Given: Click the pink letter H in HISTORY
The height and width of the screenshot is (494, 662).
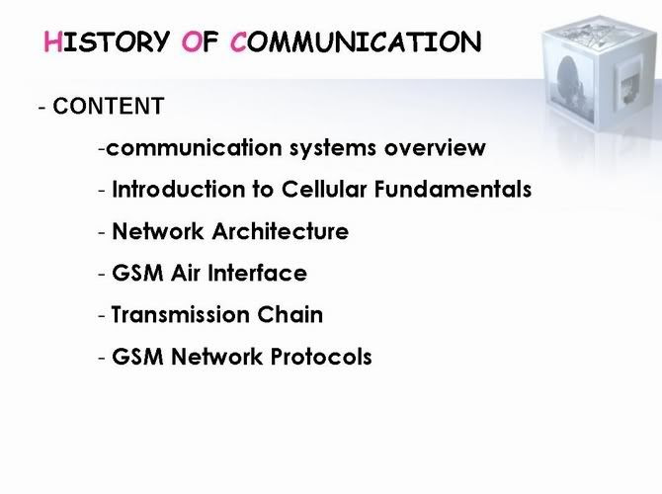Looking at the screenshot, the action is [x=52, y=42].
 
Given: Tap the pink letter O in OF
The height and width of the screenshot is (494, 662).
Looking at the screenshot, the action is [x=192, y=42].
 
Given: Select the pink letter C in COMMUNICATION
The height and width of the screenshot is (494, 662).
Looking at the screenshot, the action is [x=238, y=42].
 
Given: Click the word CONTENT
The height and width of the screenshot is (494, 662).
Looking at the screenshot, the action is [x=109, y=106].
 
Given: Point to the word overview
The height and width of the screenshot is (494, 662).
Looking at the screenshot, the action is [x=435, y=148].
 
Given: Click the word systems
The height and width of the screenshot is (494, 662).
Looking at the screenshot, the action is [x=333, y=149].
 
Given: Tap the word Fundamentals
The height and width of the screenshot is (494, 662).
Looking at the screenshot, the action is [x=453, y=189].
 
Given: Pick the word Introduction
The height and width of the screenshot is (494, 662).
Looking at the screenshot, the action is [x=179, y=189].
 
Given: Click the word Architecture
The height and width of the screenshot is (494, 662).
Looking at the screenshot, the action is [x=281, y=231].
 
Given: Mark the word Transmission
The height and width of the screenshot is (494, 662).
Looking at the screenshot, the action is [x=180, y=314].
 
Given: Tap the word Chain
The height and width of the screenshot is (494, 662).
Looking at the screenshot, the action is [x=290, y=314].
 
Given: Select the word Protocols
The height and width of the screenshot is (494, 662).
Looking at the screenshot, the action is [x=321, y=357].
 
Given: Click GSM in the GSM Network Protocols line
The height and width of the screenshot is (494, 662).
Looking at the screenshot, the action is [x=137, y=357].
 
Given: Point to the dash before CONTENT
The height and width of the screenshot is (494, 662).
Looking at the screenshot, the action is [x=41, y=108].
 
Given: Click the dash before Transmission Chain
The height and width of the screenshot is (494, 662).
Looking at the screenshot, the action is [x=102, y=316].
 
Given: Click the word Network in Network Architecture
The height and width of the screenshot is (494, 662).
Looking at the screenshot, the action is [x=158, y=231].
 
